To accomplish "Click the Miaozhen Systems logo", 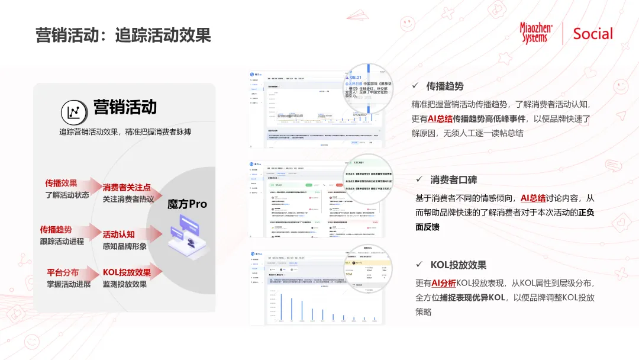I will [x=536, y=33].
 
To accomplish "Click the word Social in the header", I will [x=593, y=34].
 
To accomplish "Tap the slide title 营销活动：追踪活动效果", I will [x=123, y=34].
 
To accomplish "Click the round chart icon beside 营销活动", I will [x=75, y=112].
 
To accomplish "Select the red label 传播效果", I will [x=61, y=184].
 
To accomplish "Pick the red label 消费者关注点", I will [x=127, y=188].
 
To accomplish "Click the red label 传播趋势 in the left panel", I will [x=56, y=230].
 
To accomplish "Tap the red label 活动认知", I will [x=119, y=234].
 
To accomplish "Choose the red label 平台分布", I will [x=63, y=272].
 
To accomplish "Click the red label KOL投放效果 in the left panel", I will [x=127, y=272].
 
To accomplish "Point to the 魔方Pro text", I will [x=187, y=204].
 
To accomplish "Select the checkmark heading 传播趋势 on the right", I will [x=445, y=86].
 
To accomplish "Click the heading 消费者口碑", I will [x=453, y=180].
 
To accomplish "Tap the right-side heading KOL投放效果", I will [x=458, y=265].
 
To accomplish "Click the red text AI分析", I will [x=443, y=283].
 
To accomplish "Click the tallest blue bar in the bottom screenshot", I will [x=282, y=308].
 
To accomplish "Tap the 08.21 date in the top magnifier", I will [x=356, y=77].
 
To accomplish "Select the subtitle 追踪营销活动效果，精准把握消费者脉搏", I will [x=125, y=132].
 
